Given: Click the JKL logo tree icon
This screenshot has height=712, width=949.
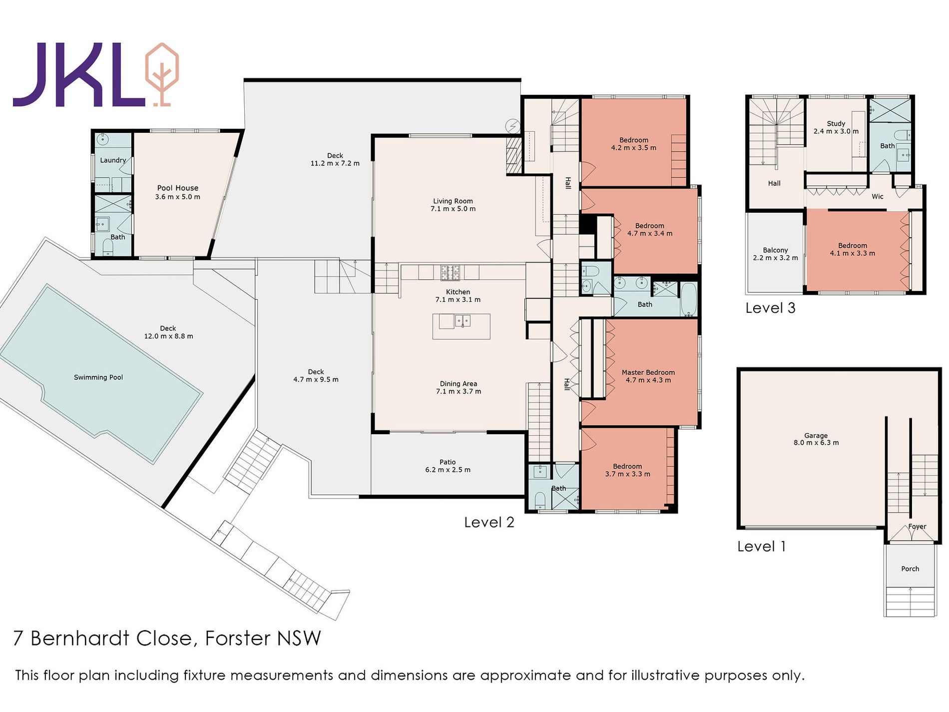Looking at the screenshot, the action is [x=161, y=74].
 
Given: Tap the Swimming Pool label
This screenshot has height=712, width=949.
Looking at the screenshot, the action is [x=98, y=377].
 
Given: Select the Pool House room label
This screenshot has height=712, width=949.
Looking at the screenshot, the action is [x=178, y=188].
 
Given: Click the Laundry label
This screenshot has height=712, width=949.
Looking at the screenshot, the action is [x=113, y=160].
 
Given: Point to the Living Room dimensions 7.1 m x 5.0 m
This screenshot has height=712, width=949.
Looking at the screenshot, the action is [x=453, y=209].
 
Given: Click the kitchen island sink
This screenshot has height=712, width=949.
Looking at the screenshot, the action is [x=462, y=320].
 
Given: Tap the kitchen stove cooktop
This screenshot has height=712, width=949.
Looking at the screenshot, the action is [x=450, y=273].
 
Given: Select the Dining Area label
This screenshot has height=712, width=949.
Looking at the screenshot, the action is [x=459, y=384].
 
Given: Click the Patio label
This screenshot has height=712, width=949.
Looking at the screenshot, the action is [x=448, y=462].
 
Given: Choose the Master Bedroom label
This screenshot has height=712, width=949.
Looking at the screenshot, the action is [x=648, y=372].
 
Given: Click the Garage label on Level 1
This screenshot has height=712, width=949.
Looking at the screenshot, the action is [x=816, y=436].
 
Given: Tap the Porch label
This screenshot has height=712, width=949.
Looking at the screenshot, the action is [x=910, y=569].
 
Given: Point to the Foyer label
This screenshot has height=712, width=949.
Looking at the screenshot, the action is [x=917, y=526].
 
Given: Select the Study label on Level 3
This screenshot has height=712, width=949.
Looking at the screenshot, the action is [x=836, y=123].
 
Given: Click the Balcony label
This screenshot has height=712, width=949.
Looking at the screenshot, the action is [x=775, y=250].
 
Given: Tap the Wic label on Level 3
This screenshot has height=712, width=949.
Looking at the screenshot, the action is [x=878, y=196].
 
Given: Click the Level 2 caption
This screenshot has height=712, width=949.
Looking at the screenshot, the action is [x=489, y=522].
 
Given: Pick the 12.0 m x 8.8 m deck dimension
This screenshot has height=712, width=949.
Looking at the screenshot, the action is [x=169, y=336].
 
